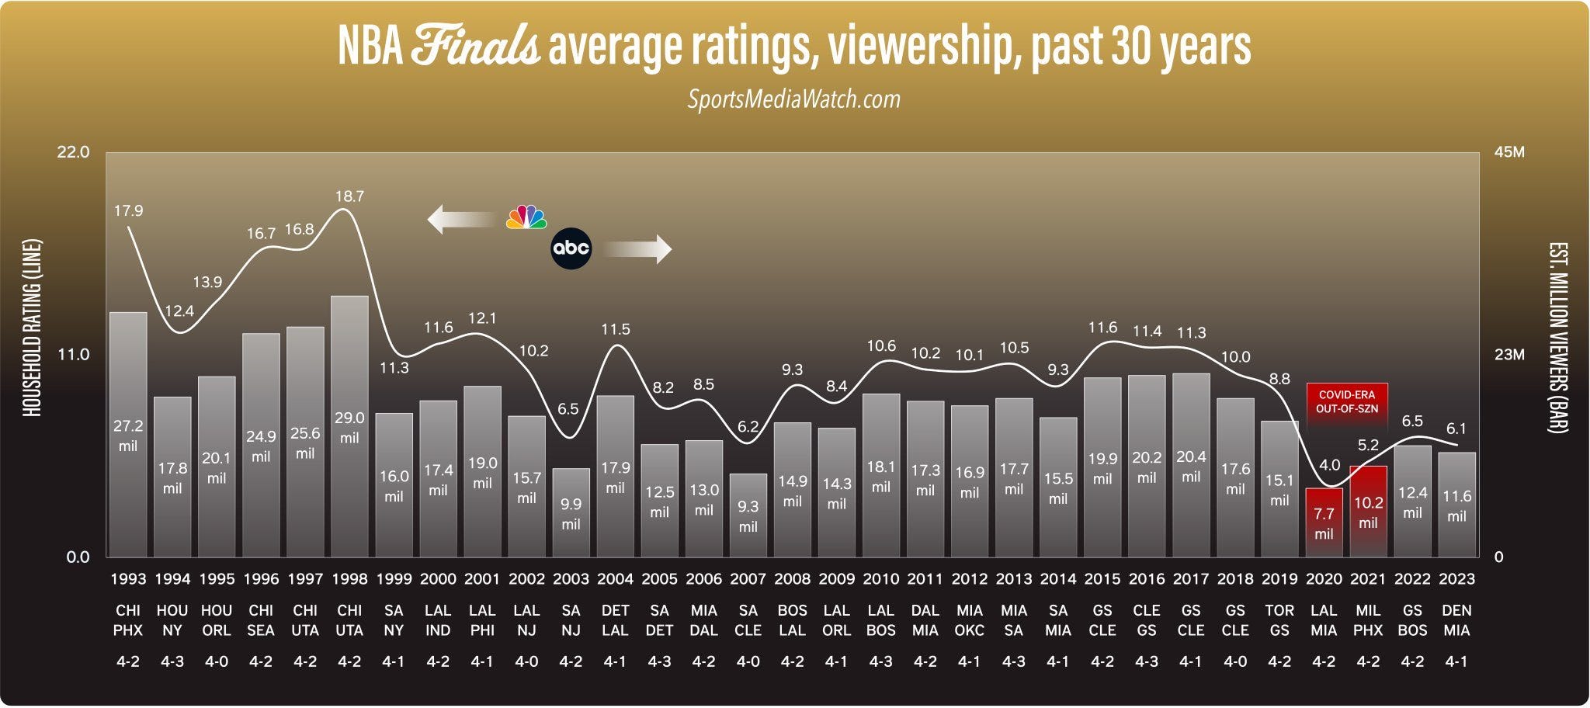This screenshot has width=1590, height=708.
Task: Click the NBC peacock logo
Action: pos(526,217)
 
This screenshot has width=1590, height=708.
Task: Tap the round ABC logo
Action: pos(571,248)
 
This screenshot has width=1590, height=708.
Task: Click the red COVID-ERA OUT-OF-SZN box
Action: pos(1346,401)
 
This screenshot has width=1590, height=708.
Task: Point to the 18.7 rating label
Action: pos(349,196)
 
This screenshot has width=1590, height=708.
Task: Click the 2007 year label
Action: pos(748,579)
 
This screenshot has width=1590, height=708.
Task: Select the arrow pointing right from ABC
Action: pos(637,249)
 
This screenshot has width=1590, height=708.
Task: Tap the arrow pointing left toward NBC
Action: pos(461,219)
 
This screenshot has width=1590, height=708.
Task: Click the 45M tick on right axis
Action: pos(1509,152)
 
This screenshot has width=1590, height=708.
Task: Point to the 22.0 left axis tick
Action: pos(74,152)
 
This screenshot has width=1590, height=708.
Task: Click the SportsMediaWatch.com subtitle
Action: pos(793,99)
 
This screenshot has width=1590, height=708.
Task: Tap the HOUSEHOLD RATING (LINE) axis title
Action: pos(32,328)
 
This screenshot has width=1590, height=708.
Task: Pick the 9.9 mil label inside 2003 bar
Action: pos(571,514)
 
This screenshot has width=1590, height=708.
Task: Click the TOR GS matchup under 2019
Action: pos(1279,620)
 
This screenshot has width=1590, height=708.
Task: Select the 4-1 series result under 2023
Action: pos(1456,662)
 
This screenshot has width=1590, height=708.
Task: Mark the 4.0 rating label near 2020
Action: pos(1330,465)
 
